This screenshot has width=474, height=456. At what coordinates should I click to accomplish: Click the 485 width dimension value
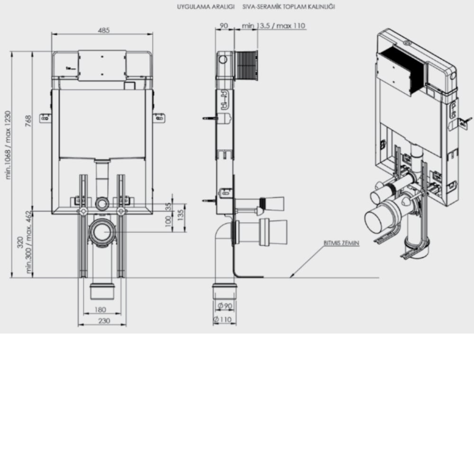(104, 30)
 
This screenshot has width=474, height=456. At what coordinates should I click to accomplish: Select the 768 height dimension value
(28, 121)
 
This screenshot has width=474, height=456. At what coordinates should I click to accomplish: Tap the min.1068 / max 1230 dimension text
(8, 145)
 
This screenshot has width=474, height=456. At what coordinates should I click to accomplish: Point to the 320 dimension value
(20, 242)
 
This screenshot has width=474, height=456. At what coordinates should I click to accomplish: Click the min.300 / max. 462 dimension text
(28, 242)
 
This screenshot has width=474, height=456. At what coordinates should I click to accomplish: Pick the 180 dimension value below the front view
(100, 310)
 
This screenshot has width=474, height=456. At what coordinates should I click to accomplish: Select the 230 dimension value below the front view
(104, 321)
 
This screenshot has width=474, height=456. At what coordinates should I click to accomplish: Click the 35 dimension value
(168, 206)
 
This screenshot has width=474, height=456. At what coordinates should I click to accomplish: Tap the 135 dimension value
(180, 215)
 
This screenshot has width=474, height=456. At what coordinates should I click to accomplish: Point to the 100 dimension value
(168, 221)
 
